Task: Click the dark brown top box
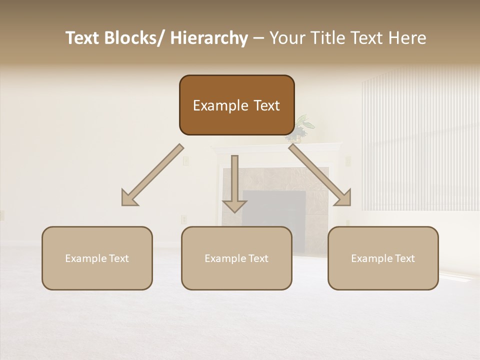click(x=236, y=105)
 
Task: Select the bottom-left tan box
click(x=97, y=258)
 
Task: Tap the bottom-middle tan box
click(x=236, y=258)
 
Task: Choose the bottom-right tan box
click(x=383, y=258)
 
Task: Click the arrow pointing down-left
click(x=152, y=175)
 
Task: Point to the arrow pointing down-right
click(x=320, y=175)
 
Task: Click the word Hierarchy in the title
click(x=209, y=38)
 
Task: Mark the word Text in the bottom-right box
click(x=403, y=258)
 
